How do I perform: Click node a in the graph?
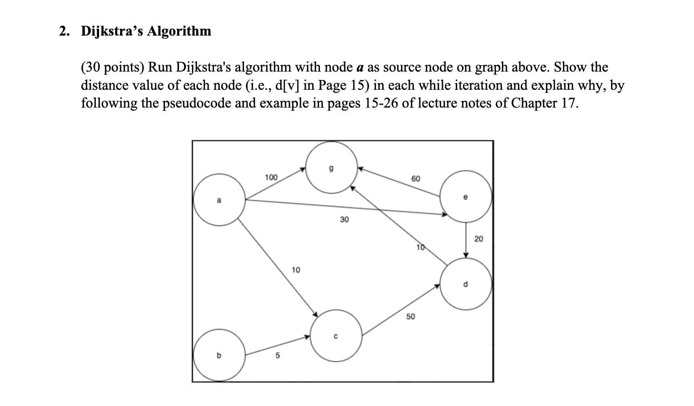coord(219,200)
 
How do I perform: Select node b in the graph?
coord(219,355)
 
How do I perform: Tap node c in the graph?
coord(336,336)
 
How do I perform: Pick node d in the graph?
coord(465,284)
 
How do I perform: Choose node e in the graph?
coord(465,197)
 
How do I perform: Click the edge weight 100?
coord(271,177)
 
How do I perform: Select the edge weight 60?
coord(416,178)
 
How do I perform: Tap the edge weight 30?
coord(344,220)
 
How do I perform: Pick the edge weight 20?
coord(478,239)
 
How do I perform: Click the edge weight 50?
coord(410,316)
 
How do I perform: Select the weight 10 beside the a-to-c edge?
coord(296,270)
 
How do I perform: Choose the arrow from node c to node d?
coord(400,311)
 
